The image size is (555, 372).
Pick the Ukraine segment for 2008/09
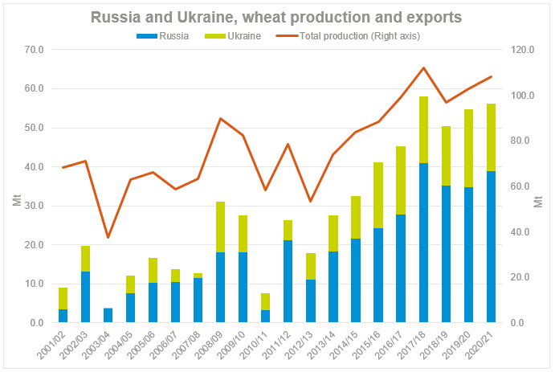pyautogui.click(x=220, y=227)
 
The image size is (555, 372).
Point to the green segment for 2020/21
pyautogui.click(x=491, y=137)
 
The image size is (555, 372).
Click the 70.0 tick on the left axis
pyautogui.click(x=33, y=50)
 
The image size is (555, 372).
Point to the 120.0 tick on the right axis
pyautogui.click(x=524, y=50)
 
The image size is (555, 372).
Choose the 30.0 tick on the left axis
pyautogui.click(x=33, y=206)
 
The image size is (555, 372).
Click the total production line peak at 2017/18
pyautogui.click(x=423, y=67)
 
